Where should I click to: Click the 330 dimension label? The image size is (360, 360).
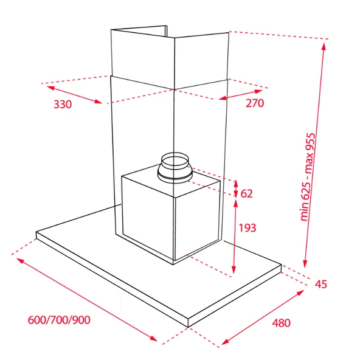point(63,105)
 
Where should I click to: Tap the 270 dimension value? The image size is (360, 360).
point(255,103)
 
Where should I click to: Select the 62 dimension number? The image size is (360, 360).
point(246,194)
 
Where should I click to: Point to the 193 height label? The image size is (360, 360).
point(247,228)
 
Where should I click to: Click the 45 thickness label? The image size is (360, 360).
point(320,284)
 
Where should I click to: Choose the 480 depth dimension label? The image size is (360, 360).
point(281,323)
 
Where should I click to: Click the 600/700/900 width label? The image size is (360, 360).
point(59,320)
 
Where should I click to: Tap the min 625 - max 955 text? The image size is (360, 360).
point(308,177)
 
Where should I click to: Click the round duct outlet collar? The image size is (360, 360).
point(175,168)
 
